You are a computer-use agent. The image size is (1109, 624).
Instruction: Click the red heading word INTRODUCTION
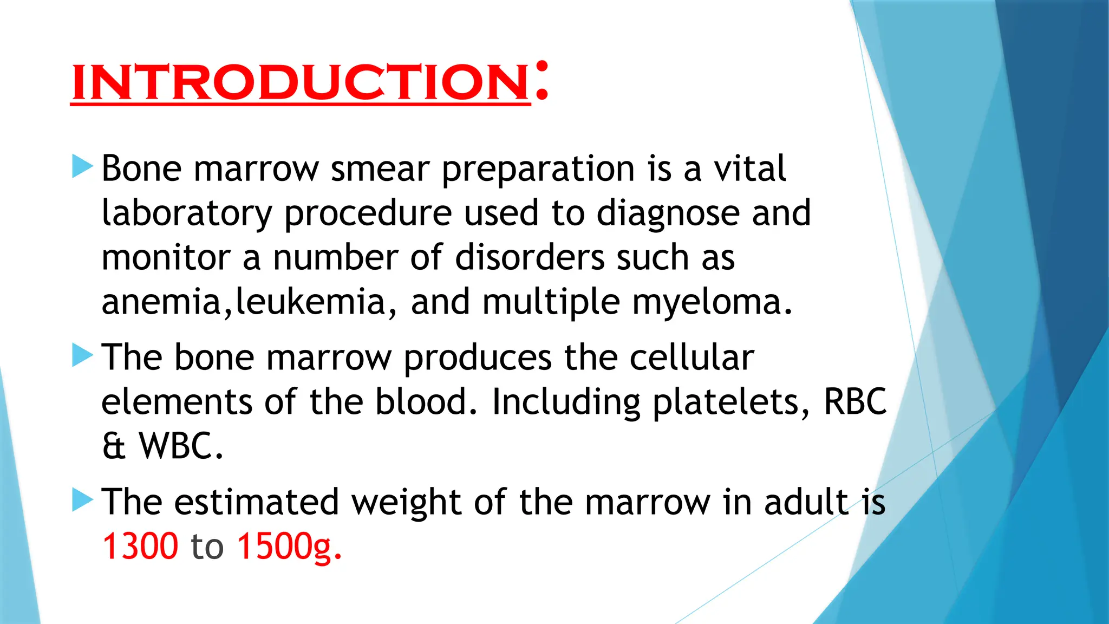click(301, 82)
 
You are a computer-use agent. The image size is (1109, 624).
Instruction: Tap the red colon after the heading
click(541, 81)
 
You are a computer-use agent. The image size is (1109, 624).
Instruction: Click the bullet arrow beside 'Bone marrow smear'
click(82, 167)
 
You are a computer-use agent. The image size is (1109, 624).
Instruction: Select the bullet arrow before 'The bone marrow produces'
click(82, 356)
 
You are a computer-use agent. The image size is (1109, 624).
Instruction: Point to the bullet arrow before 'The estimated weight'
click(82, 500)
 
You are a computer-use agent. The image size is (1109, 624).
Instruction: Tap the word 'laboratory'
click(187, 213)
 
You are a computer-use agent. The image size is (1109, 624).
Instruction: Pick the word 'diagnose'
click(668, 213)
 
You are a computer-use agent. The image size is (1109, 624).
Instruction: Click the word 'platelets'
click(726, 403)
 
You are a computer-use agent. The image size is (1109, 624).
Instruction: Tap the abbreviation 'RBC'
click(854, 402)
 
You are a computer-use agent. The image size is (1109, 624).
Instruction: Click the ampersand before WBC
click(114, 446)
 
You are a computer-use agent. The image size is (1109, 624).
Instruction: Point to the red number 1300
click(140, 546)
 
